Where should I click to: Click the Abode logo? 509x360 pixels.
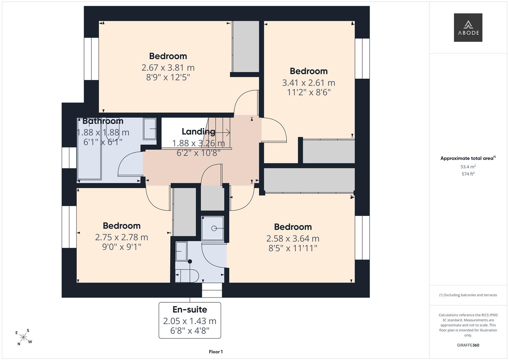click(468, 27)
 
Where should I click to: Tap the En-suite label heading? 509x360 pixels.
click(190, 310)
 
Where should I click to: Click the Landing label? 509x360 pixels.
click(198, 132)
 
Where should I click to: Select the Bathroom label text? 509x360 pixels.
click(103, 121)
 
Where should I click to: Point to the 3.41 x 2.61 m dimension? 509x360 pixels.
click(309, 83)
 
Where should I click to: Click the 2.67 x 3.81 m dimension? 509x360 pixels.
click(168, 68)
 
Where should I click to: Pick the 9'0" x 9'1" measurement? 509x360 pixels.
click(122, 247)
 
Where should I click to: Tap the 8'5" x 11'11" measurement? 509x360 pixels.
click(293, 248)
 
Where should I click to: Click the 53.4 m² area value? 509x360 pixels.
click(468, 167)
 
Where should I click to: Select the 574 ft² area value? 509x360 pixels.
click(468, 174)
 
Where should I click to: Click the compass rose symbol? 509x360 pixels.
click(24, 337)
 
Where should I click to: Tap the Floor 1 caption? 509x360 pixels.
click(216, 352)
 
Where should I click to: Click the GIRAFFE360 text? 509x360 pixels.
click(468, 345)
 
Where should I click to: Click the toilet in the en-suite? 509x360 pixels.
click(187, 276)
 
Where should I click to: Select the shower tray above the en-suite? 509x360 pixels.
click(213, 228)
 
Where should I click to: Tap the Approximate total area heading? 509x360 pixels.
click(468, 158)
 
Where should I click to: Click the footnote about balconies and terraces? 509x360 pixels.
click(468, 295)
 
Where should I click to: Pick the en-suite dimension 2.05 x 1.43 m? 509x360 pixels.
click(190, 321)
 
